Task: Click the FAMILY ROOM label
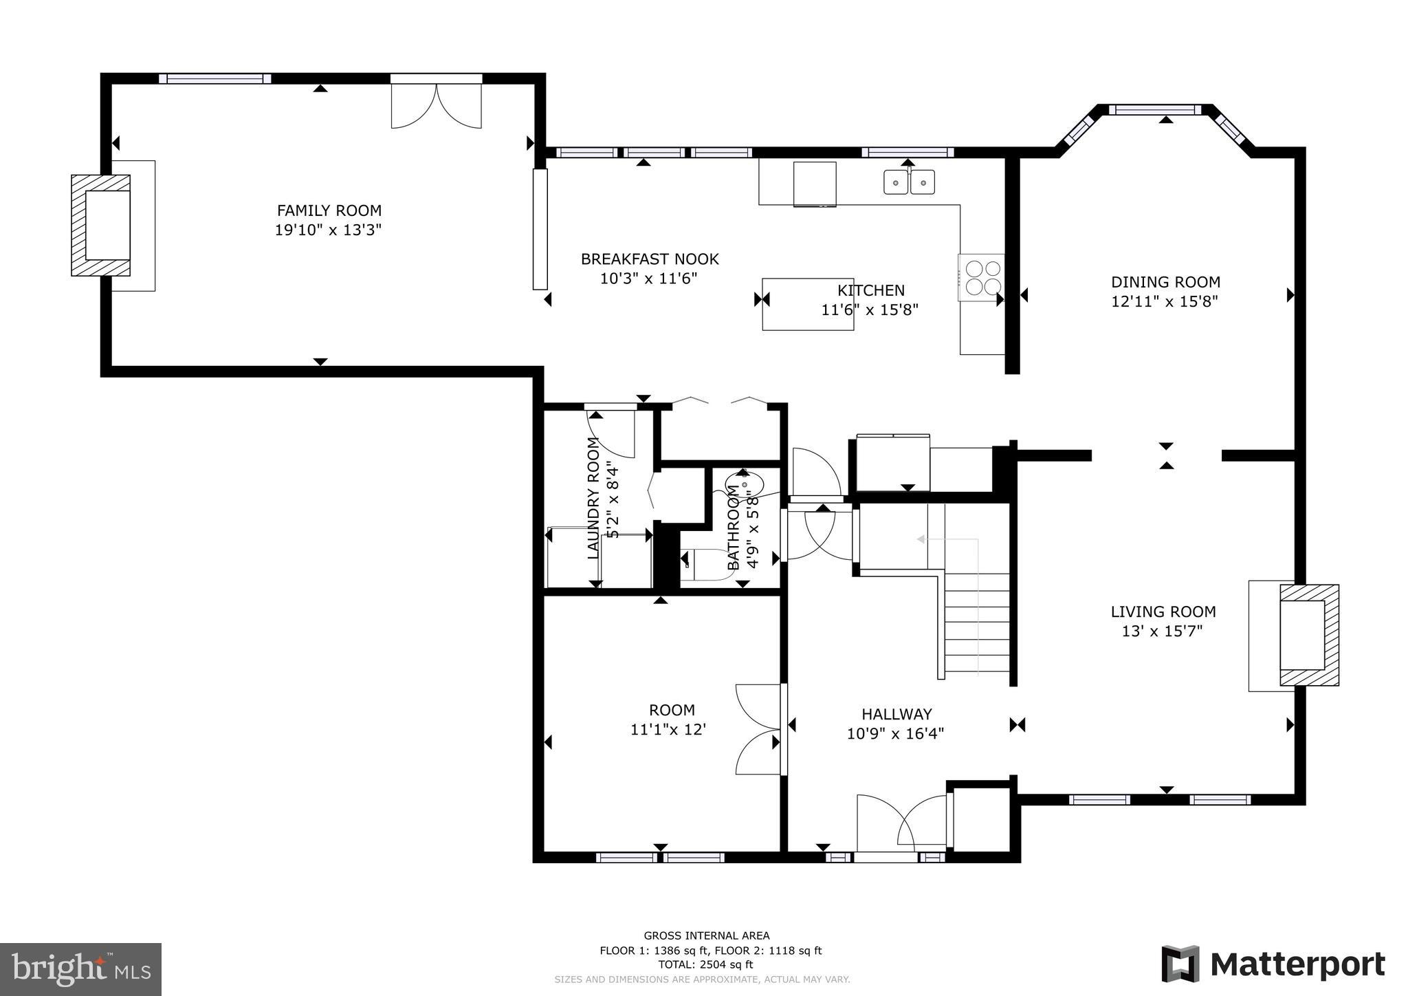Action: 329,210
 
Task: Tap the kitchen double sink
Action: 909,182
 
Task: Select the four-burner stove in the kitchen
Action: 982,277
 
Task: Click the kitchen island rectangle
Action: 807,304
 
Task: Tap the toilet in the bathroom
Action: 705,564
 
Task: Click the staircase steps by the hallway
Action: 976,622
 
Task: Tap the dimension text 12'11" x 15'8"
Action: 1165,301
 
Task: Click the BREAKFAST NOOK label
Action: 650,259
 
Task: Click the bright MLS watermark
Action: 80,969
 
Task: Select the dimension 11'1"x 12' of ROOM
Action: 668,730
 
